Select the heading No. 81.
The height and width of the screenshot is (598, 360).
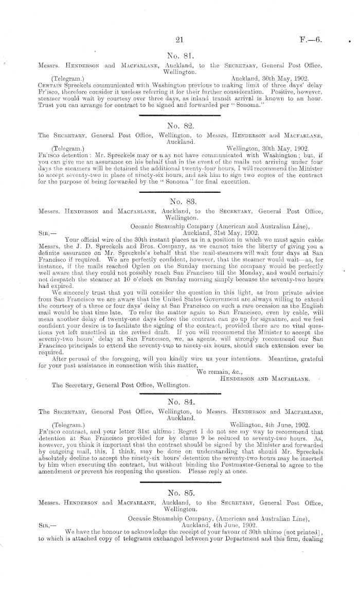pyautogui.click(x=180, y=56)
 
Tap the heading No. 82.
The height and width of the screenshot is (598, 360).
pyautogui.click(x=180, y=125)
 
